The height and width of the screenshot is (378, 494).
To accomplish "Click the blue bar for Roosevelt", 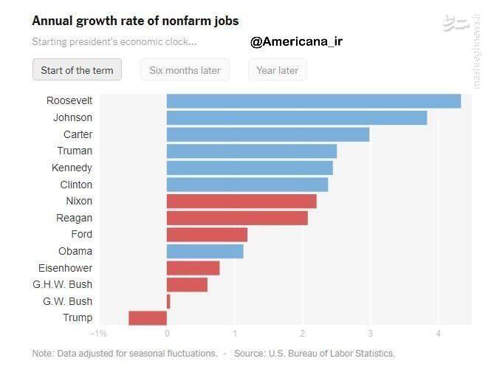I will (313, 101).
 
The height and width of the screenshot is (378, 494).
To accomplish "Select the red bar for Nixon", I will (241, 201).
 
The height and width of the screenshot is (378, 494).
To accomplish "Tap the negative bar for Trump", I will (148, 318).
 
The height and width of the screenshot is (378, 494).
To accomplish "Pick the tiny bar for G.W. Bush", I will (168, 301).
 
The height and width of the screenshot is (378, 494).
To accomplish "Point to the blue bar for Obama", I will (205, 251).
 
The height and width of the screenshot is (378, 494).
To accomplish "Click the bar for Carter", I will (267, 134).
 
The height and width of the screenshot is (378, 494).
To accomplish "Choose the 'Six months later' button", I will (185, 70).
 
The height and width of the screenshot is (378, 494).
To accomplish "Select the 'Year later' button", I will (277, 70).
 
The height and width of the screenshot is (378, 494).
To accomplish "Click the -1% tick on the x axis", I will (98, 334).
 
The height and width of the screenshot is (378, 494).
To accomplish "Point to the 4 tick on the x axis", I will (438, 334).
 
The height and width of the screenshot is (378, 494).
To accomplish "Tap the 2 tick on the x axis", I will (302, 334).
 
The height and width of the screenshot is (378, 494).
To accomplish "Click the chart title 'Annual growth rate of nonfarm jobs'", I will (135, 21).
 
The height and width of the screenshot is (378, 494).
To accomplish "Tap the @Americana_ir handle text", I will (296, 42).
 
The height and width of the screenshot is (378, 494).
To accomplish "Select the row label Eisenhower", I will (65, 268).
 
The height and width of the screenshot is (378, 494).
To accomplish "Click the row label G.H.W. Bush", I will (63, 284).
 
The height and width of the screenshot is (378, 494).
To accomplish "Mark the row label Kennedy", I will (72, 168).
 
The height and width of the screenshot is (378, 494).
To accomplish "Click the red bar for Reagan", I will (237, 218).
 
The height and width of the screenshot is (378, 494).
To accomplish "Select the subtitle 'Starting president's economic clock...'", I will (114, 41).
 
